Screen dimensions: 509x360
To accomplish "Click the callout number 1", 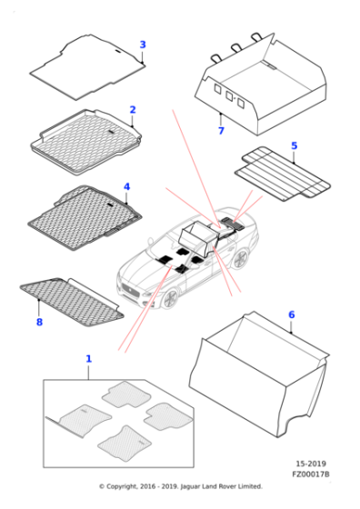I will (88, 359).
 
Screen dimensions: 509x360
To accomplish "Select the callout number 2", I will (132, 110).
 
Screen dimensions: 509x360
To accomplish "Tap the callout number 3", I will (142, 45).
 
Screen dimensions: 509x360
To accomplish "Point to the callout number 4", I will (126, 187).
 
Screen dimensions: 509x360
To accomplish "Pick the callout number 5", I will (294, 145).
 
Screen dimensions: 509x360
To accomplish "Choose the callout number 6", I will (291, 314).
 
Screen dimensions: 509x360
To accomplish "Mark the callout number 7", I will (220, 131).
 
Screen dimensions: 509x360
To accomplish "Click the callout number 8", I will (39, 322).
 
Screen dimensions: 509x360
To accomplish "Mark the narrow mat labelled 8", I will (73, 300).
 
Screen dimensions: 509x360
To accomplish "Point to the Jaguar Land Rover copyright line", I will (180, 486).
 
